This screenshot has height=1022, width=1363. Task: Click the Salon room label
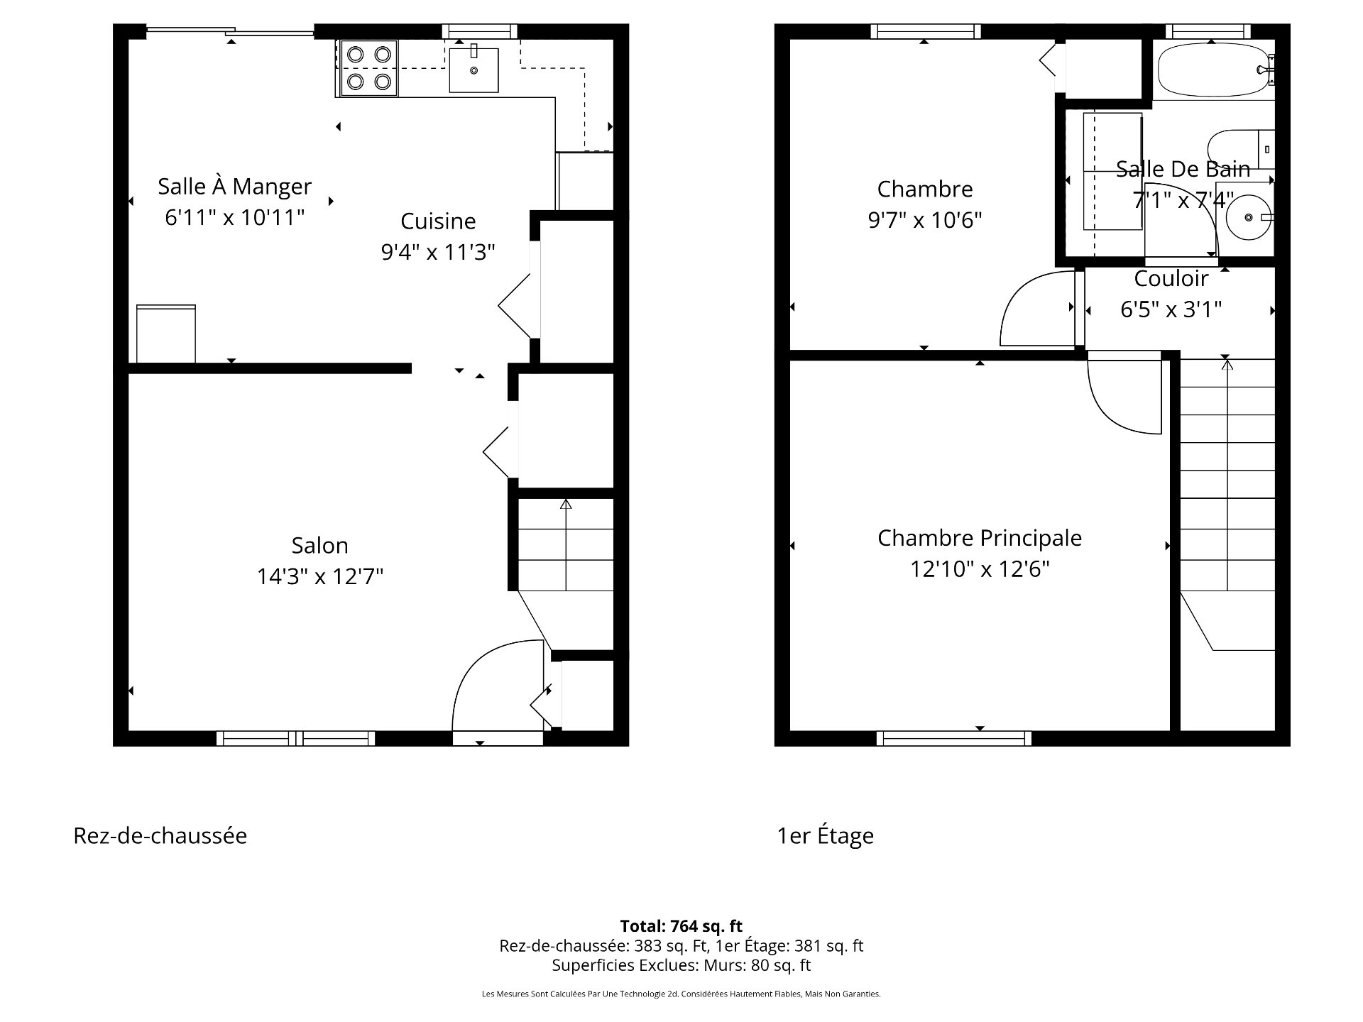[319, 545]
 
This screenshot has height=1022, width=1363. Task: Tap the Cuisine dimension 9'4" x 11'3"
[438, 252]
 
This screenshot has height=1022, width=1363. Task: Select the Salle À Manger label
[234, 186]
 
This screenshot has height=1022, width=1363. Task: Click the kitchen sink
[474, 70]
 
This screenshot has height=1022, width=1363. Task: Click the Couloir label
[1171, 278]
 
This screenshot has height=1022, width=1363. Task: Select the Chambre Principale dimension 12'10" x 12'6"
[980, 569]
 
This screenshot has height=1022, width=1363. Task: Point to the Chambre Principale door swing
[1125, 397]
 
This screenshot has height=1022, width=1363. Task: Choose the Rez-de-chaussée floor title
[160, 835]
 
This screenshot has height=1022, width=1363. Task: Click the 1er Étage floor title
[825, 835]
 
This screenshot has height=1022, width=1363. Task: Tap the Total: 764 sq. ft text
[681, 926]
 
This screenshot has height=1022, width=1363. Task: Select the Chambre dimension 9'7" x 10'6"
[924, 221]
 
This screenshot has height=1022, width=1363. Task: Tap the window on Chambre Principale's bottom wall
[954, 738]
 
